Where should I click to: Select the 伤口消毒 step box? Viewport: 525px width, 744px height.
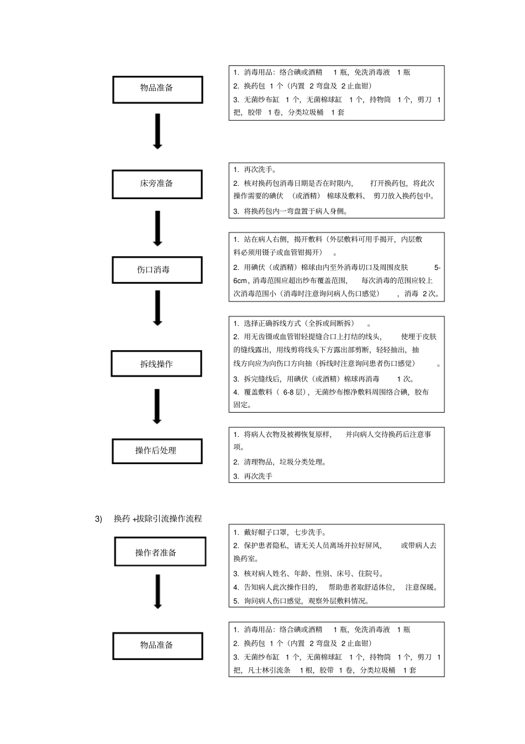click(157, 270)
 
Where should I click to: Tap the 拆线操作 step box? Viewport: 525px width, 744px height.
click(156, 364)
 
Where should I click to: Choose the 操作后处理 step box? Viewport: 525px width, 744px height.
click(157, 451)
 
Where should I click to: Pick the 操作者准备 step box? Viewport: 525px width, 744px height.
click(160, 552)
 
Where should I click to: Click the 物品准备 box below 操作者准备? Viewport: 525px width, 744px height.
click(158, 646)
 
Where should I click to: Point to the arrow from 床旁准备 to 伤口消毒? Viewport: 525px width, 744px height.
click(158, 228)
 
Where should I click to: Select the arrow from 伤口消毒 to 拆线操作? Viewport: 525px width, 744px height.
click(158, 308)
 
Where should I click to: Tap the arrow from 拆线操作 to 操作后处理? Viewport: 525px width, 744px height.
click(157, 406)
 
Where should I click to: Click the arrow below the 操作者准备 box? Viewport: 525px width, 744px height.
click(158, 591)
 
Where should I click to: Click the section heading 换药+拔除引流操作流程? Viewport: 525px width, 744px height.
click(158, 519)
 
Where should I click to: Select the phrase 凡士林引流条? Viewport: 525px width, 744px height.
click(269, 670)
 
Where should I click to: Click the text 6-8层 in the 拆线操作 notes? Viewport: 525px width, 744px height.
click(293, 392)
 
